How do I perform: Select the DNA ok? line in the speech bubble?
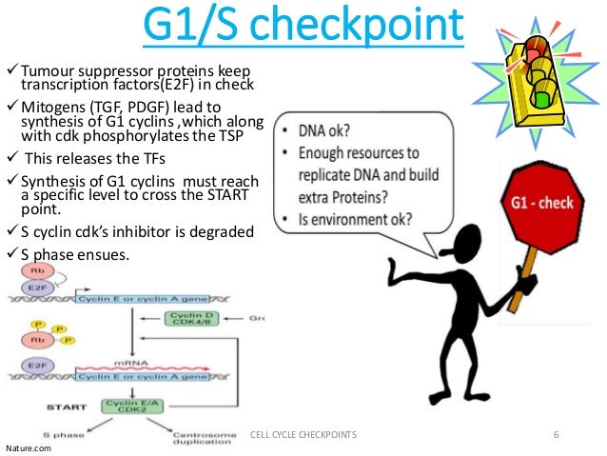(x=327, y=131)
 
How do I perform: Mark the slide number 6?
(x=557, y=434)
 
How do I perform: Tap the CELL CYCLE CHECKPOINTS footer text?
(x=303, y=434)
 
